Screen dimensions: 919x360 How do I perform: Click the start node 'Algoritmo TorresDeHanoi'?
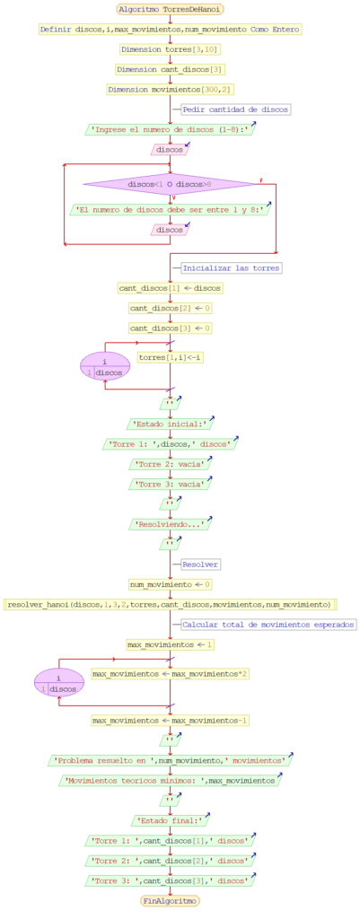coord(170,8)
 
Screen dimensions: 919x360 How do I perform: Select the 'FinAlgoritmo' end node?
coord(170,900)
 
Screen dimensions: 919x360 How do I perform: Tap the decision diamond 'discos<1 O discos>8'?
coord(170,184)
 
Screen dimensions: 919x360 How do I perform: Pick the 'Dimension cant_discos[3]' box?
coord(170,69)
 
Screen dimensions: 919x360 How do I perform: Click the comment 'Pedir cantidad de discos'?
coord(235,109)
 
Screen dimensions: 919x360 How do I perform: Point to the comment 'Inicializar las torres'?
coord(232,267)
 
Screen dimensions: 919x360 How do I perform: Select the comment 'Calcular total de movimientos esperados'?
coord(268,624)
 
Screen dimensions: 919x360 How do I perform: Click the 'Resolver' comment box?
coord(200,565)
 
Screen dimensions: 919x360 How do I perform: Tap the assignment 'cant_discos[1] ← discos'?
coord(170,288)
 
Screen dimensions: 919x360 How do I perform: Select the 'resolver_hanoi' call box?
coord(170,604)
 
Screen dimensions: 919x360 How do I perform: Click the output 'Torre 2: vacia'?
coord(170,464)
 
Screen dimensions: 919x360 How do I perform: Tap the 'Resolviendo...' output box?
coord(170,524)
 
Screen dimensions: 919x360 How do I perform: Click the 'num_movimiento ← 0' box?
coord(170,584)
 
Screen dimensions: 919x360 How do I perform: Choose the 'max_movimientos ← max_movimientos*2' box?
coord(170,672)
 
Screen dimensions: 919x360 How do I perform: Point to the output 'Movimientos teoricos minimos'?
coord(170,780)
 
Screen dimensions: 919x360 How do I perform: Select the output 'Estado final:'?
coord(170,820)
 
